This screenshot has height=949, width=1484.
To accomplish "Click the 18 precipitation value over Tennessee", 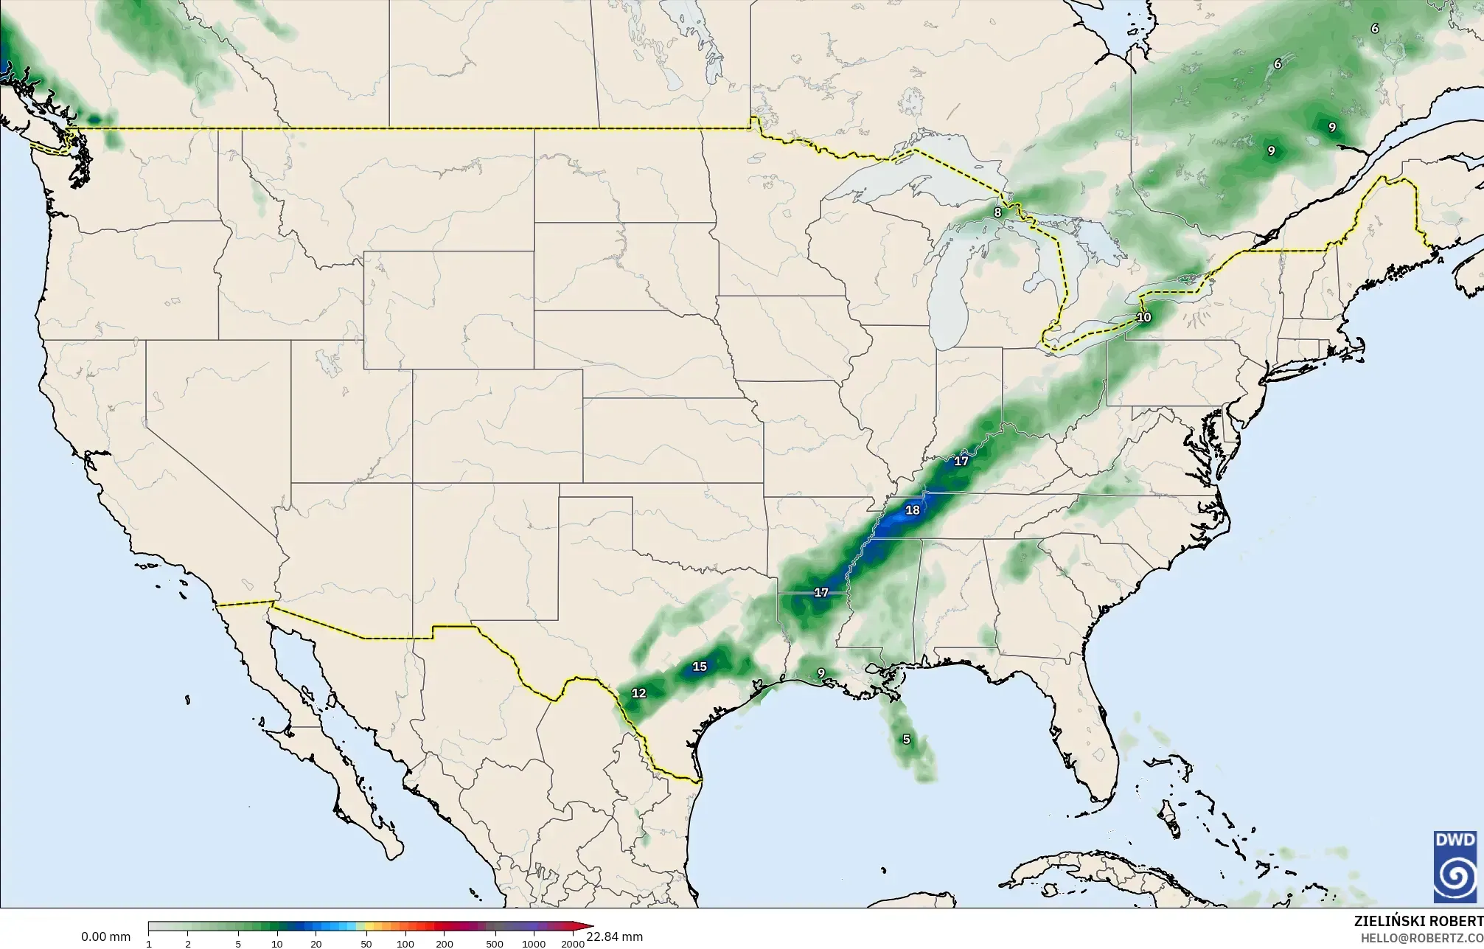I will point(912,510).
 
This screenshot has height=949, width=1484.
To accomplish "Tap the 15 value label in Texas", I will point(700,667).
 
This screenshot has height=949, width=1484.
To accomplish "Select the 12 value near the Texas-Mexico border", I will point(639,693).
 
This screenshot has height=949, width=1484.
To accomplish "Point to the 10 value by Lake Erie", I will point(1143,318).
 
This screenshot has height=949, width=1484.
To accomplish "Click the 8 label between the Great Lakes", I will point(997,212).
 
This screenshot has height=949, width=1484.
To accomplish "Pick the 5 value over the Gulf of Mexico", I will point(906,740).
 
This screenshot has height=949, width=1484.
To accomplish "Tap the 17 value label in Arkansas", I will point(821,592).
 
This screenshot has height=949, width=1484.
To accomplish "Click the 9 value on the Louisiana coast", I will point(821,673).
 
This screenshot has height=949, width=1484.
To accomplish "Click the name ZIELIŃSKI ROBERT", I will point(1418,922).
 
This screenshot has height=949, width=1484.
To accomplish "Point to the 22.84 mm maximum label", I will point(614,936).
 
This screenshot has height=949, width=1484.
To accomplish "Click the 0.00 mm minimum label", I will point(105,937).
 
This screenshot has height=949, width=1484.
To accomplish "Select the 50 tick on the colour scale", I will point(366,944).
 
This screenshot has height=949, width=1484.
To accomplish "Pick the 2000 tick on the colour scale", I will point(573,944).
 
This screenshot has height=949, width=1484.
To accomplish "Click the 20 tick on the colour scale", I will point(316,944).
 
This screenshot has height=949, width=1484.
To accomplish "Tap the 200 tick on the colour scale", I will point(444,944).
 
